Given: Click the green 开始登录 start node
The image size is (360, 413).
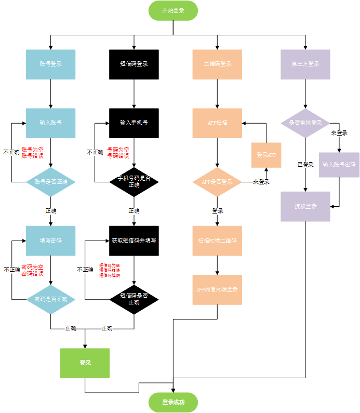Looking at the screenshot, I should tap(173, 10).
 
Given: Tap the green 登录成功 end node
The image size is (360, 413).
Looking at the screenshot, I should tap(173, 402).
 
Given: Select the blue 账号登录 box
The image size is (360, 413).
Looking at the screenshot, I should tap(51, 64).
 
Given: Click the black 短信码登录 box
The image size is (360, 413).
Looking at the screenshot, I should tap(134, 64).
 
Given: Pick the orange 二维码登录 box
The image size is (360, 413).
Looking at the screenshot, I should tap(217, 64).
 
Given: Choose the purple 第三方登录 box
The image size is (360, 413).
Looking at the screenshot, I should tap(305, 64).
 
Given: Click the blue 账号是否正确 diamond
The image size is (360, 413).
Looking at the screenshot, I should tap(51, 182).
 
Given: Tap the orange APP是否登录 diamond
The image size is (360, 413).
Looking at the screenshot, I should tap(217, 182).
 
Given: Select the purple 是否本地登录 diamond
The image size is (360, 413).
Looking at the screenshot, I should tap(305, 123).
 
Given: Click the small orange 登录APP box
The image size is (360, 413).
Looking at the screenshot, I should tap(266, 155).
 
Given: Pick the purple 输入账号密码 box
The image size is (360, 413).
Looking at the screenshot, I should tap(339, 165).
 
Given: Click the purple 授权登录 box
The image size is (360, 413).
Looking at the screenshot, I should tap(305, 206).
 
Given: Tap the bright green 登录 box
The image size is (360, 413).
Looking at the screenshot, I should tap(85, 363).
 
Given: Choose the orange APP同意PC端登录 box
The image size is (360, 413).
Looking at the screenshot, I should tap(217, 289).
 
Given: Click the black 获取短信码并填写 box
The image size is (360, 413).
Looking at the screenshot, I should tap(134, 241).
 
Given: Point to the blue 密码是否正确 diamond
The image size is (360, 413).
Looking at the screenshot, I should tap(51, 300).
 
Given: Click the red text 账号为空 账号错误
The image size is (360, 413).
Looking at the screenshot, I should tap(32, 152).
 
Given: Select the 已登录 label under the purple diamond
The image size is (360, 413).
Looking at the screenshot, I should tap(305, 165).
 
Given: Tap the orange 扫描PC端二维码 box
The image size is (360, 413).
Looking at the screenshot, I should tap(217, 241).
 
